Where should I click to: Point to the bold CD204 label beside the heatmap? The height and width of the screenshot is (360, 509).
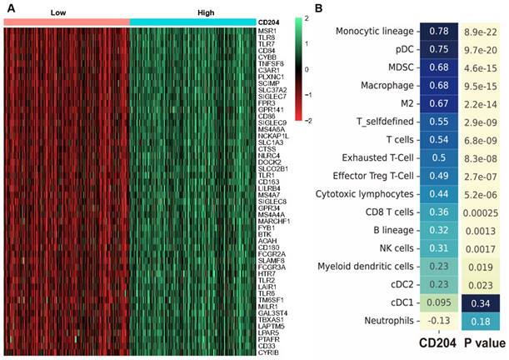coord(269,22)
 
